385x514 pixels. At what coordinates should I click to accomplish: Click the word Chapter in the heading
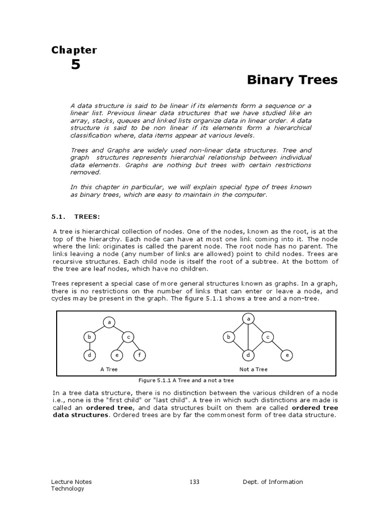coord(74,50)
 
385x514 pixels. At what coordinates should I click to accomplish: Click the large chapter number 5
coord(76,65)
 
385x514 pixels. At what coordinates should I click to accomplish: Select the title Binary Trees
coord(292,80)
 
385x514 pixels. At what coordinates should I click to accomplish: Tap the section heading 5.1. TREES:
coord(76,217)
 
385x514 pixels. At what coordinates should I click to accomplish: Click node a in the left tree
coord(109,322)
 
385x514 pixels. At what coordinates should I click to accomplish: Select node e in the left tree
coord(116,355)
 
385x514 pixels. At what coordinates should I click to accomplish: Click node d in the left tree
coord(89,355)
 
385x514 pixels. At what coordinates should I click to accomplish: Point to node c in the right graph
coord(268,337)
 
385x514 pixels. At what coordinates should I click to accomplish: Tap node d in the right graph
coord(248,355)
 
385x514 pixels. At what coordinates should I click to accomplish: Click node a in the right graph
coord(248,319)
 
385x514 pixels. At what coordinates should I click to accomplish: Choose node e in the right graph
coord(287,355)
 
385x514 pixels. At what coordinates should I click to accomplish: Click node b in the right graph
coord(228,337)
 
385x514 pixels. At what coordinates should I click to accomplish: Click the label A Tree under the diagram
coord(109,369)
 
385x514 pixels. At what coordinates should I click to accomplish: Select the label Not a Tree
coord(253,369)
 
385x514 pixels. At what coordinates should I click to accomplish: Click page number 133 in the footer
coord(195,482)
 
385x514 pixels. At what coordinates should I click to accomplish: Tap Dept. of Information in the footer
coord(273,482)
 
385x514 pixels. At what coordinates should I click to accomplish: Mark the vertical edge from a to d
coord(248,337)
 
